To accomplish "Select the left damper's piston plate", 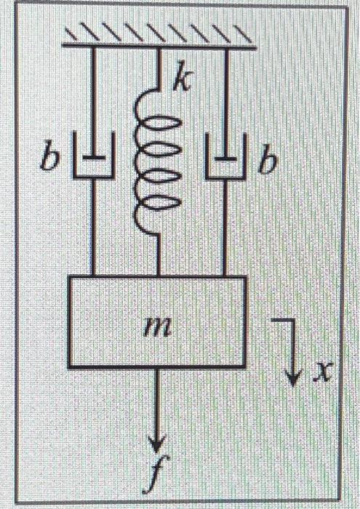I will tap(93, 156).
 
